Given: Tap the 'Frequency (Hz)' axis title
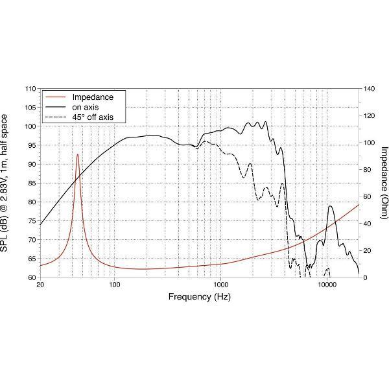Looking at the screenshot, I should pos(199,297).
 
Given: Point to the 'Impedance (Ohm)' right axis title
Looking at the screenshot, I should pos(384,183).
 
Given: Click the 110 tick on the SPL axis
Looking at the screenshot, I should pos(30,88).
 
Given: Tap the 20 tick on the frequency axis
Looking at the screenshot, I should pos(40,284).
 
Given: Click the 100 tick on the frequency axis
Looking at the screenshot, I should pos(115,284).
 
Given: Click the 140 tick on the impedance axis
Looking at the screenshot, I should pos(370,88).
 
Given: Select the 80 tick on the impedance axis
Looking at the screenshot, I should pos(368,169).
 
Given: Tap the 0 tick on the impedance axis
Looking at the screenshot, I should pos(365,277).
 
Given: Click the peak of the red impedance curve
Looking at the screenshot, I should pos(78,154).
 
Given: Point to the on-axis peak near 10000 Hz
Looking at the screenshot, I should pos(331,206).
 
